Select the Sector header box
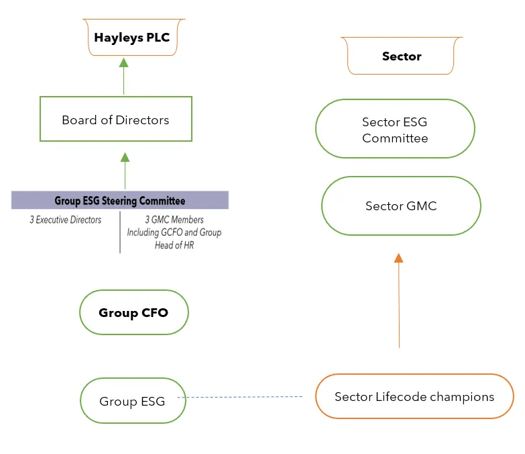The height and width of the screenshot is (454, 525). coord(402,56)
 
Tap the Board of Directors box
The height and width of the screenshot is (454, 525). coord(115,120)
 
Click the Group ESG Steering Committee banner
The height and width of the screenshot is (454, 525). coord(120,200)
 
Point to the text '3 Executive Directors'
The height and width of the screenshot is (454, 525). coord(65,220)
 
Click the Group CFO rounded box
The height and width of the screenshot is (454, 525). coord(133,312)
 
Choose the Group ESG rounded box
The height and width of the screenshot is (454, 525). coord(132,402)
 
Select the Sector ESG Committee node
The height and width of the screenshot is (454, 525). coord(395,130)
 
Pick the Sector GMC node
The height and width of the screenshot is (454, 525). coord(401,206)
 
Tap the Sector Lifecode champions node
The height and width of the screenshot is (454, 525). coord(414,396)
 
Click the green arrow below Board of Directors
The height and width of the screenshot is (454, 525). coord(124,171)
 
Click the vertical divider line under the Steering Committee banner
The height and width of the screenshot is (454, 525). coord(120,232)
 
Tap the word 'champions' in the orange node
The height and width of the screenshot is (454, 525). coord(460,396)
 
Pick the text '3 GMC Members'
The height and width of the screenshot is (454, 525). coord(174,220)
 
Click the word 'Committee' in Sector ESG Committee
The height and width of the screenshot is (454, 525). coord(395,138)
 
